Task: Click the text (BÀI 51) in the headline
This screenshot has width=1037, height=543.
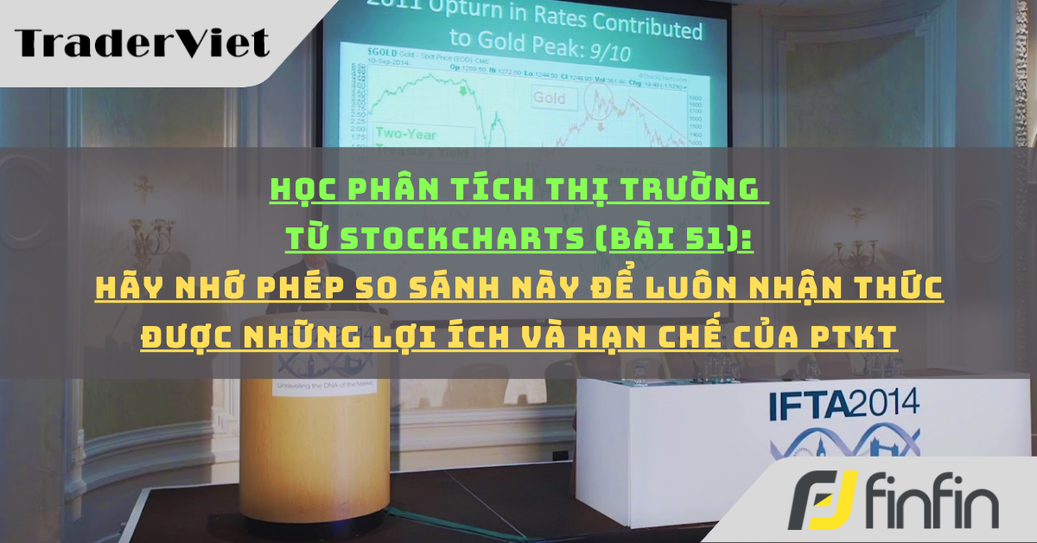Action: pos(672,237)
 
